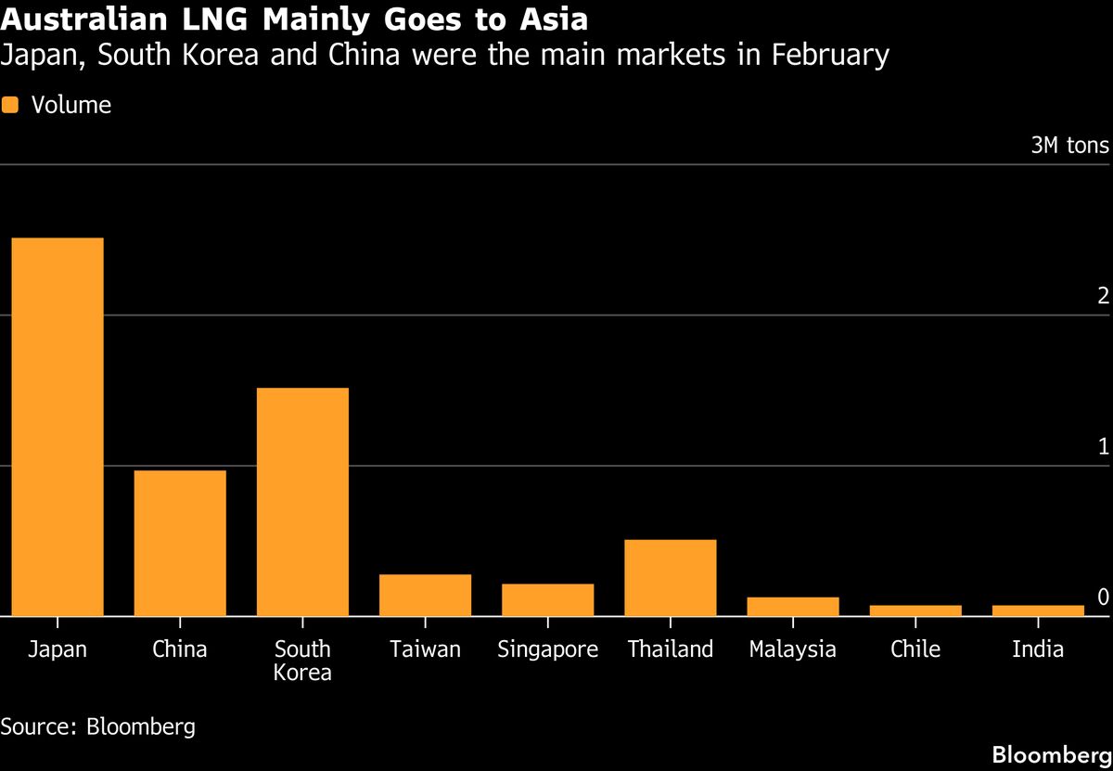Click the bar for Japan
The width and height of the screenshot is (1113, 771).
(x=58, y=427)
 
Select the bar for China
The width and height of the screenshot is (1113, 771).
(x=180, y=543)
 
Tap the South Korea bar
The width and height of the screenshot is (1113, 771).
(x=302, y=501)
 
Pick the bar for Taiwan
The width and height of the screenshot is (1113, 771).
(x=425, y=595)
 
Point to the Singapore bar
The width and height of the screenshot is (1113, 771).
(x=547, y=599)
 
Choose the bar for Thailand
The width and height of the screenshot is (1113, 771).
(x=670, y=577)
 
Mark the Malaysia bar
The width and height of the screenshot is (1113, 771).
(x=792, y=606)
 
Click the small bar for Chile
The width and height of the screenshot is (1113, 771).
(x=915, y=610)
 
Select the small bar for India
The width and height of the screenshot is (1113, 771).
(x=1038, y=610)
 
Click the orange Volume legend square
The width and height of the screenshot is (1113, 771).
(x=10, y=106)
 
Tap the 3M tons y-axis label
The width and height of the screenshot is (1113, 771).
(x=1069, y=146)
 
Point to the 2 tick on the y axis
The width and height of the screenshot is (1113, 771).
(x=1103, y=296)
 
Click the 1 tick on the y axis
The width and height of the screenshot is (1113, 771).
(x=1103, y=446)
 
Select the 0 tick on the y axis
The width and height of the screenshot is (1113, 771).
(x=1103, y=597)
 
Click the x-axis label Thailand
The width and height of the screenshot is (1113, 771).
(x=670, y=649)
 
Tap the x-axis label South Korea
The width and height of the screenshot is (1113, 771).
(x=302, y=660)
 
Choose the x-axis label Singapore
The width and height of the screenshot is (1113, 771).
(x=547, y=649)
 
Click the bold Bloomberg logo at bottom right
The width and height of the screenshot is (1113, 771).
(x=1051, y=753)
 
